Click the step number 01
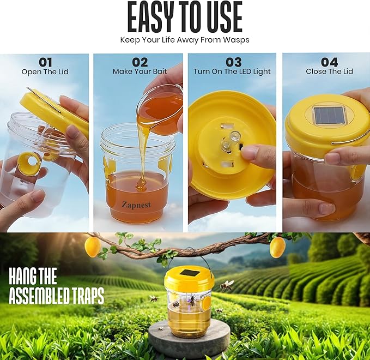(x=45, y=62)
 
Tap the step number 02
(x=140, y=62)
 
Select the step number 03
(x=234, y=62)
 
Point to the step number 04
(x=330, y=62)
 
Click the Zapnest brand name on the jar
(x=136, y=205)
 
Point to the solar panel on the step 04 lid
(x=328, y=115)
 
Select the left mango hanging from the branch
(x=93, y=247)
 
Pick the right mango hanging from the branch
(x=277, y=247)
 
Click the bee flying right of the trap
(x=226, y=286)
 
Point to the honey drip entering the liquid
(x=142, y=185)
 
